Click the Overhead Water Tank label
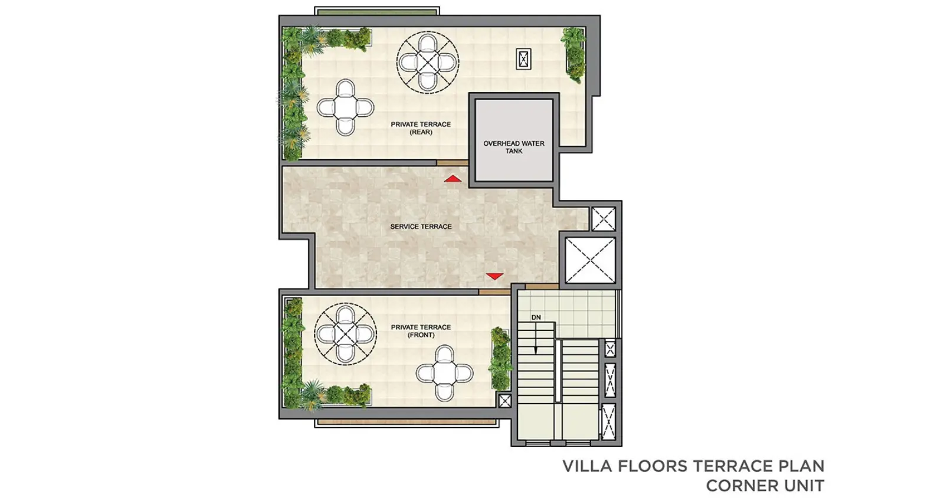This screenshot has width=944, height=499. [514, 147]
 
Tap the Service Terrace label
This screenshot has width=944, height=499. [421, 226]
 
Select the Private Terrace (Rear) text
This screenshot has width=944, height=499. [421, 128]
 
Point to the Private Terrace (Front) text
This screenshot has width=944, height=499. [421, 331]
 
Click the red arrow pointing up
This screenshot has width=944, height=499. [453, 179]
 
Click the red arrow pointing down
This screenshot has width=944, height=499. [494, 276]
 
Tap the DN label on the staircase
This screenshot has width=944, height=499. [536, 317]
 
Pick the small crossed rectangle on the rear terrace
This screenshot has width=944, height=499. [523, 59]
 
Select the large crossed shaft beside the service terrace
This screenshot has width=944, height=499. [590, 260]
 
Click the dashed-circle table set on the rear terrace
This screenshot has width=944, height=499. [428, 63]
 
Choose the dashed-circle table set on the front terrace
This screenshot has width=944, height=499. [345, 334]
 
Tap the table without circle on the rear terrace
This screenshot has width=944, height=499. [345, 107]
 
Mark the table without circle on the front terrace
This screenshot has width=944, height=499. [444, 373]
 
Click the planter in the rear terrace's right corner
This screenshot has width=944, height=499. [573, 55]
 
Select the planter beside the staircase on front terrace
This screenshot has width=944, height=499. [500, 358]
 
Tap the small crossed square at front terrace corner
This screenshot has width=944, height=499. [504, 401]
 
